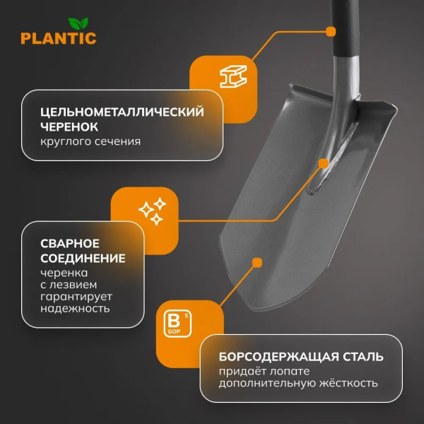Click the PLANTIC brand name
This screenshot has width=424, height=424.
coord(58,38)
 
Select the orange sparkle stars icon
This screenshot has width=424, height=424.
coord(151,211)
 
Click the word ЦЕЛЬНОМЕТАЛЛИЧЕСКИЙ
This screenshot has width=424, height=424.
coord(122,112)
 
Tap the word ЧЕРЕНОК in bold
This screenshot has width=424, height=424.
coord(69,126)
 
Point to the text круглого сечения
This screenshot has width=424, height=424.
coord(90,141)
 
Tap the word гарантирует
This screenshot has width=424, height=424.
coord(76,298)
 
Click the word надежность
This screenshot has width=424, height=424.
coord(74,310)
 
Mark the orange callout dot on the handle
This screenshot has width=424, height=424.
coord(330,31)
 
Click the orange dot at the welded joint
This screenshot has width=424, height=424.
coord(324,163)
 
